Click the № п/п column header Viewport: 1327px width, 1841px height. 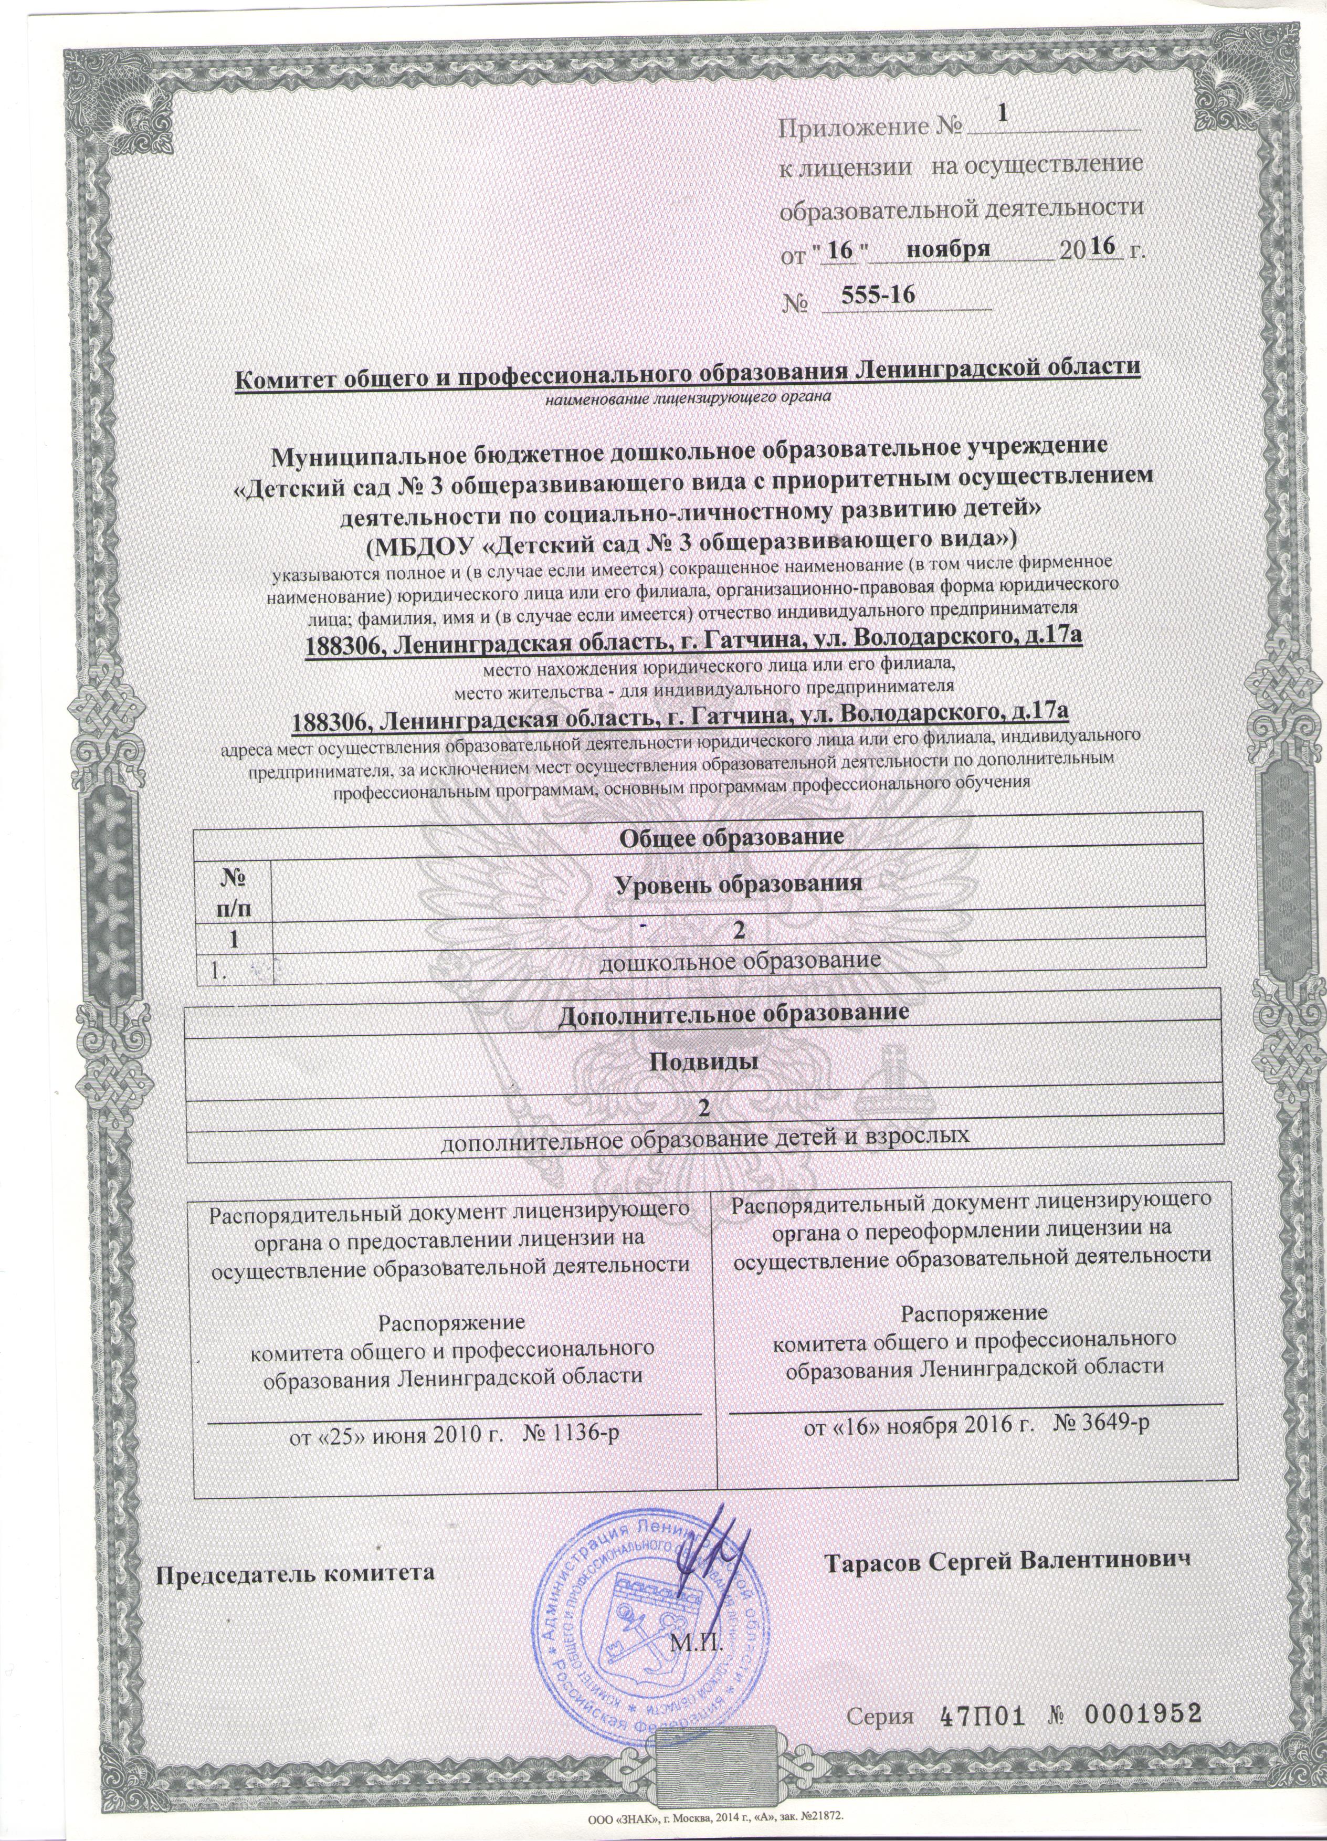[233, 891]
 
